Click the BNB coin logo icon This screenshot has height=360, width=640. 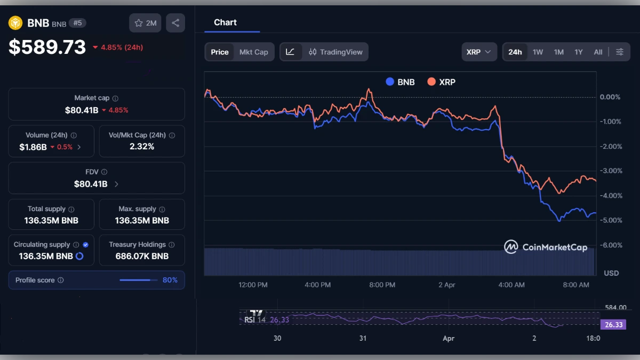[15, 23]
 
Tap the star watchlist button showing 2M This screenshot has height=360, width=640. [145, 23]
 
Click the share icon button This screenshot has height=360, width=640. [175, 23]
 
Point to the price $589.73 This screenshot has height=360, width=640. [47, 47]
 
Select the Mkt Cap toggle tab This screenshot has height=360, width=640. [253, 52]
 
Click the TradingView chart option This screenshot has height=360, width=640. [335, 52]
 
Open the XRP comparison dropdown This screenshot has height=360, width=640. [479, 52]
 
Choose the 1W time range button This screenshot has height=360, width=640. [538, 52]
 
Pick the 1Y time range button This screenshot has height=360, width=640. [578, 52]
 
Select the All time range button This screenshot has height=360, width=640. [598, 52]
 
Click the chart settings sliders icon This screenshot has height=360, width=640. [620, 52]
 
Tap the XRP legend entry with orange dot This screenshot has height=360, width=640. [441, 82]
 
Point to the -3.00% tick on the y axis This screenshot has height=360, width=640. [610, 171]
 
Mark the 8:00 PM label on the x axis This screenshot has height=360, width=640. [382, 285]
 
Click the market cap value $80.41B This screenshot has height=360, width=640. [81, 110]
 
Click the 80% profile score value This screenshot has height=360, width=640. [170, 280]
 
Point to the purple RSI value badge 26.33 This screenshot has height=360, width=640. [612, 324]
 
